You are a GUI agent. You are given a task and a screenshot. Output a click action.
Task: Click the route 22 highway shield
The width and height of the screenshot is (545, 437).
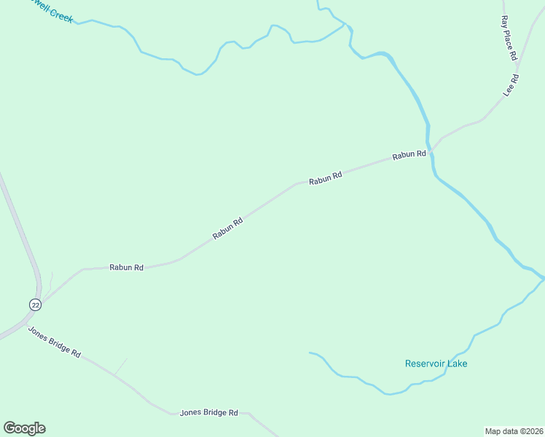pos(36,304)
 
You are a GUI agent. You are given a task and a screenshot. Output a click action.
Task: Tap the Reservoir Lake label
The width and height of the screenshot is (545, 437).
pos(436,363)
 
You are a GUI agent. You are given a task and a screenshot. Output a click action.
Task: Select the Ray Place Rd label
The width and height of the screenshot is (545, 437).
pos(508,38)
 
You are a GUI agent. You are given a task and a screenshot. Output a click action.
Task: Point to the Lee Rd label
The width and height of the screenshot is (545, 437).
pos(511,85)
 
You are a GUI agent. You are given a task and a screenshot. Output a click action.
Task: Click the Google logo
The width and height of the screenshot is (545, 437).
pos(24,428)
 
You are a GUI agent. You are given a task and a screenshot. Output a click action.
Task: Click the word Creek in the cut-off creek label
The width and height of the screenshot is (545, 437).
pos(62,15)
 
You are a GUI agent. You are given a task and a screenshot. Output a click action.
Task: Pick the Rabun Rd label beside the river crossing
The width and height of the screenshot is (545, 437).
pos(409,155)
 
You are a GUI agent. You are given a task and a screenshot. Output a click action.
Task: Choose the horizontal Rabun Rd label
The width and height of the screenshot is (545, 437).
pos(126,267)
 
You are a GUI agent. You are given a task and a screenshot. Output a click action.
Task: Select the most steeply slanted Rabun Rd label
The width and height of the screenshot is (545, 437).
pos(227,229)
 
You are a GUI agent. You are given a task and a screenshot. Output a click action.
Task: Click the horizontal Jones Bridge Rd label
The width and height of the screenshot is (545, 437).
pos(209,413)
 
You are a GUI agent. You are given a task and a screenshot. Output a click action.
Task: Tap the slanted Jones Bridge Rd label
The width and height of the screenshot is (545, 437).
pos(54,341)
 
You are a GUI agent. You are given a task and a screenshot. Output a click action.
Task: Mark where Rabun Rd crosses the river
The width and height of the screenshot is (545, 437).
pos(431,150)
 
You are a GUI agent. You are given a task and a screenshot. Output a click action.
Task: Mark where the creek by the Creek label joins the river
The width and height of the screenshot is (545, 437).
pos(345,25)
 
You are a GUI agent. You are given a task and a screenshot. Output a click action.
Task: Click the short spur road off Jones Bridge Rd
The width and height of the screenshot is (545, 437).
pos(120,366)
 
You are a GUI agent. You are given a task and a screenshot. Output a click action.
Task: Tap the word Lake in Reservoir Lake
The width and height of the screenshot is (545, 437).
pos(457,363)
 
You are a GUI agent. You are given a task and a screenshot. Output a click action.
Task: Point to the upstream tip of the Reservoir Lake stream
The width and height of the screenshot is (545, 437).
pos(310,353)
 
